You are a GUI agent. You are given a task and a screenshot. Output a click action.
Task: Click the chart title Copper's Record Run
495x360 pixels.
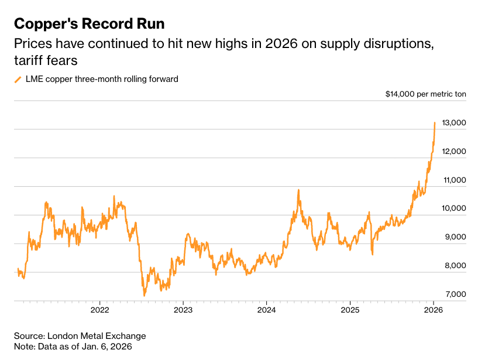click(89, 23)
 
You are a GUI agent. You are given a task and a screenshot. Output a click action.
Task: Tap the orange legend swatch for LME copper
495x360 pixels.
click(18, 79)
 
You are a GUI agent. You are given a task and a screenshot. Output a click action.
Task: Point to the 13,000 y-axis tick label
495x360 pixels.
click(454, 123)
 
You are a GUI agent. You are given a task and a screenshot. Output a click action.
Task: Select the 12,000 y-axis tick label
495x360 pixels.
click(454, 152)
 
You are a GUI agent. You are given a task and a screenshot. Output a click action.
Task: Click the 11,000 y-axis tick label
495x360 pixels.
click(454, 180)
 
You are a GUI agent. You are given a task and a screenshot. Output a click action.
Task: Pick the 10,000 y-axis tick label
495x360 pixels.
click(454, 208)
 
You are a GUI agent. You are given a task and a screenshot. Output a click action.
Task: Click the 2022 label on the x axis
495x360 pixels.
click(100, 309)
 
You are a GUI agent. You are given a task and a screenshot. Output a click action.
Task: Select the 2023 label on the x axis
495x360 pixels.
click(183, 309)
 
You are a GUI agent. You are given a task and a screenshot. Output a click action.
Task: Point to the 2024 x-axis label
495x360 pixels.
click(266, 309)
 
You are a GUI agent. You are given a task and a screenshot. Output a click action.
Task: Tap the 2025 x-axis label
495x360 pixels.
click(350, 309)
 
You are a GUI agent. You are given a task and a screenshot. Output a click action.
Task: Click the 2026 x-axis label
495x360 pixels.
click(433, 309)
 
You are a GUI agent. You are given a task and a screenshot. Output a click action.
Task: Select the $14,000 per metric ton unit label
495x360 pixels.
click(426, 94)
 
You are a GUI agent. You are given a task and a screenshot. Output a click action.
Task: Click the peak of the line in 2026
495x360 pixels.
click(435, 123)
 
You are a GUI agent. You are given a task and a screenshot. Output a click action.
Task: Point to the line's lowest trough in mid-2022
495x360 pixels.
click(144, 295)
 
